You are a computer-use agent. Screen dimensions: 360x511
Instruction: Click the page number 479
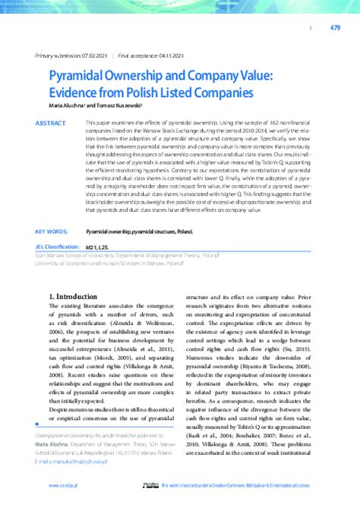pyautogui.click(x=335, y=28)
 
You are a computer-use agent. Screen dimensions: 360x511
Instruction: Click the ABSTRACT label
pyautogui.click(x=51, y=122)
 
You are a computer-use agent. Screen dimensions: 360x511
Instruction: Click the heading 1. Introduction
pyautogui.click(x=76, y=298)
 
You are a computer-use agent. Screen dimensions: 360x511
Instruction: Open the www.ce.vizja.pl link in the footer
pyautogui.click(x=67, y=485)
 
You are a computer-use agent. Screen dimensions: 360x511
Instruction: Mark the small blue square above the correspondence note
pyautogui.click(x=37, y=426)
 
